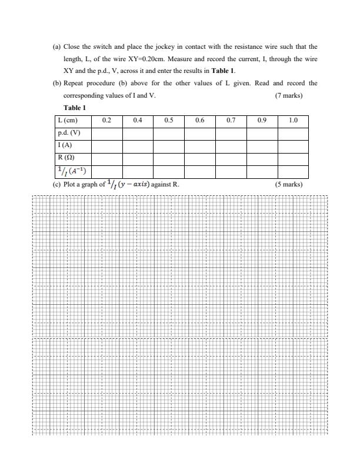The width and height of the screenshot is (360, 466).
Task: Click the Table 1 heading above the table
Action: click(75, 108)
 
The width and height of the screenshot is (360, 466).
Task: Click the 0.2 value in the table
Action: click(106, 120)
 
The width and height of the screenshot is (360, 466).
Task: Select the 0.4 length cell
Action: click(138, 120)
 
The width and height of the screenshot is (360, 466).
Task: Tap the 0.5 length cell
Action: click(169, 120)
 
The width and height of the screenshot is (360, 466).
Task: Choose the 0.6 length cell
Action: click(200, 120)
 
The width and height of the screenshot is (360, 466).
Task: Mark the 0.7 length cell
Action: click(231, 120)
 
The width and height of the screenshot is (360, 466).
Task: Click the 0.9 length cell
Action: click(262, 120)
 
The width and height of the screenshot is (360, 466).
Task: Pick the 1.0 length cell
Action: click(294, 120)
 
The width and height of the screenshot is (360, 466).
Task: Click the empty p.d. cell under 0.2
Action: click(106, 133)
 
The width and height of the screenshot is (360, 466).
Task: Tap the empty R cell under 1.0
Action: click(294, 158)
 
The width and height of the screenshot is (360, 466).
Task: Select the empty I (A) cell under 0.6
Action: click(200, 145)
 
